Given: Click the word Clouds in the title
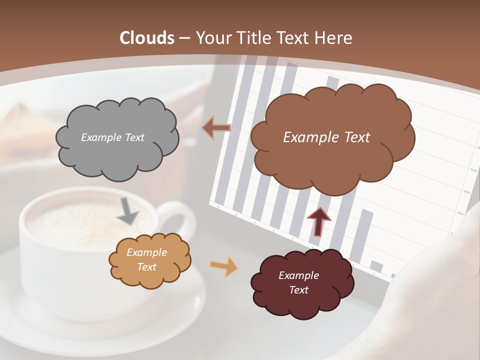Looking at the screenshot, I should point(147,38).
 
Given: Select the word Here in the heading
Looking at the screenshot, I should point(333,38).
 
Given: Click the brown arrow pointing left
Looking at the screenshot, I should point(216,127).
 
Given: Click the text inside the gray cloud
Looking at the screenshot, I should point(112,137).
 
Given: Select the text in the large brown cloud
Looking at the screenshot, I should point(326,137).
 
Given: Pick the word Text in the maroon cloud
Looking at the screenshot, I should point(298,290).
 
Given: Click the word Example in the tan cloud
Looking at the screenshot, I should point(146,252).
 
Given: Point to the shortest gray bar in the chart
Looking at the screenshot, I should point(376,266).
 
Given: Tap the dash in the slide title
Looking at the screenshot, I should point(184,38).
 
